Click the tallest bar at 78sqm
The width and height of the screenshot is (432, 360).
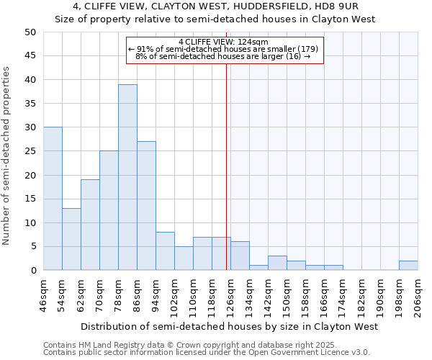127,177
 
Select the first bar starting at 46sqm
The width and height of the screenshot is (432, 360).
53,199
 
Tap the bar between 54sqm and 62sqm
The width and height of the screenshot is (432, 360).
71,239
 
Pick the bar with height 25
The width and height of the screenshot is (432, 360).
109,210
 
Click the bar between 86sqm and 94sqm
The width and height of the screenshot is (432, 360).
146,206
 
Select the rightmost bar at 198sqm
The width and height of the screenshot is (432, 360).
408,266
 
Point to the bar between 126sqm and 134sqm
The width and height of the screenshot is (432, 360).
240,256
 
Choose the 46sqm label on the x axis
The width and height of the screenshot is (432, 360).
44,294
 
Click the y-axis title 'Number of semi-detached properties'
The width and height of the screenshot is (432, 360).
7,156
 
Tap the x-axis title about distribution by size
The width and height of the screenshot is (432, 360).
229,327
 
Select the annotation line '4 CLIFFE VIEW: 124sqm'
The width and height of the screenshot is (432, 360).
223,42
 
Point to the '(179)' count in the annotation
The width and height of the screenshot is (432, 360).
303,49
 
